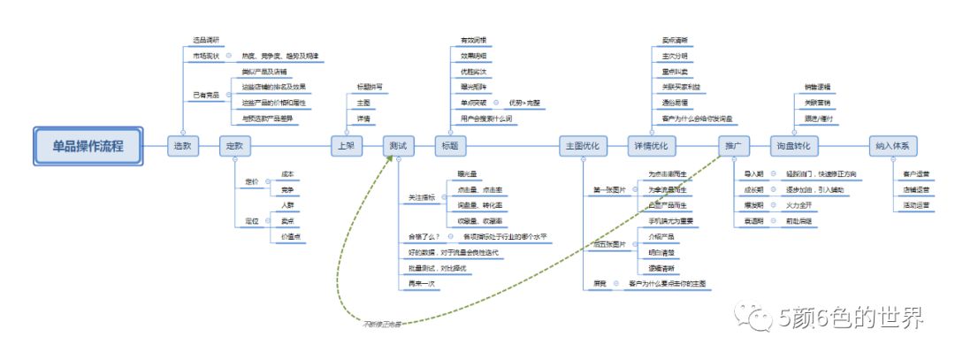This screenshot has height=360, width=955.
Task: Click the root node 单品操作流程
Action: point(88,145)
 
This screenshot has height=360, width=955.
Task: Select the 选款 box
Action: point(181,145)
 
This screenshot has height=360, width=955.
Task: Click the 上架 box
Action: point(346,145)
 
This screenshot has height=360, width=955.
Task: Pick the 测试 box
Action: point(399,145)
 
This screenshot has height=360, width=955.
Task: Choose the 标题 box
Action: point(451,145)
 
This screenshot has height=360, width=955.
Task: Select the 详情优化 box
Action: point(652,145)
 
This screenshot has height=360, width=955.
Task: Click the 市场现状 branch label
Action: point(206,56)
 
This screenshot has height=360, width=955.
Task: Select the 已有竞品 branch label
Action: point(206,94)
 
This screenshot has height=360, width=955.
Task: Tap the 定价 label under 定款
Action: point(251,181)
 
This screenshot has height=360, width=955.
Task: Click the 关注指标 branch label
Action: point(423,198)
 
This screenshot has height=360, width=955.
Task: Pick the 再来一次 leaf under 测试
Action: point(422,282)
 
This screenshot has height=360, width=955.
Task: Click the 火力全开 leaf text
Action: point(798,204)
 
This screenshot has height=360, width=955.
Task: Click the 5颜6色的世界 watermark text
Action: point(851,316)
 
